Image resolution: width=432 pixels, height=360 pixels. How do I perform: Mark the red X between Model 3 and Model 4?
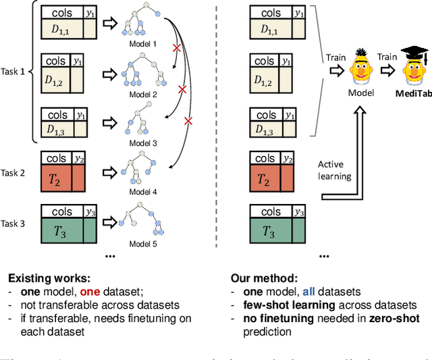(x=188, y=120)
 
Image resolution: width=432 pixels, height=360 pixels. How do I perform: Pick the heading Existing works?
(x=48, y=277)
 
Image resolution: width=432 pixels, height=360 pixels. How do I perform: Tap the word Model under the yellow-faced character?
(x=360, y=92)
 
